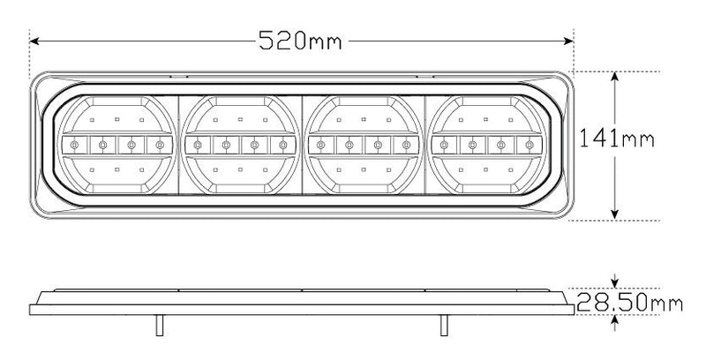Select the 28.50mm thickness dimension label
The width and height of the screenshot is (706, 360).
coord(630,304)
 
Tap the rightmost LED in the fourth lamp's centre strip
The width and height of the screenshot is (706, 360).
coord(529,144)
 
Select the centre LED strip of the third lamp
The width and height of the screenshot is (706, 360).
coord(364,144)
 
